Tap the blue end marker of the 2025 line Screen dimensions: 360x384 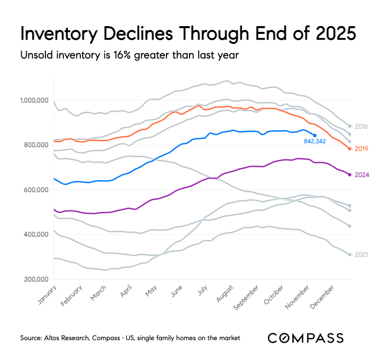pos(315,135)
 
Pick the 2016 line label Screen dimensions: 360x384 pos(361,126)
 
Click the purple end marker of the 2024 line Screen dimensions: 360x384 pos(349,175)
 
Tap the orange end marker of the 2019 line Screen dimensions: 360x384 pos(349,149)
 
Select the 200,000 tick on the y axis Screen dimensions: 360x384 pos(35,280)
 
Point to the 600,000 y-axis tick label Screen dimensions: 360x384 pos(35,190)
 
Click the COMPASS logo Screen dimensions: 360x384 pos(306,337)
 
